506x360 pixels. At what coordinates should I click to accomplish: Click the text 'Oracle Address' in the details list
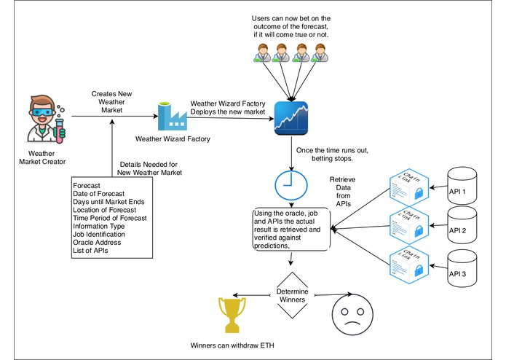coord(102,243)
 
